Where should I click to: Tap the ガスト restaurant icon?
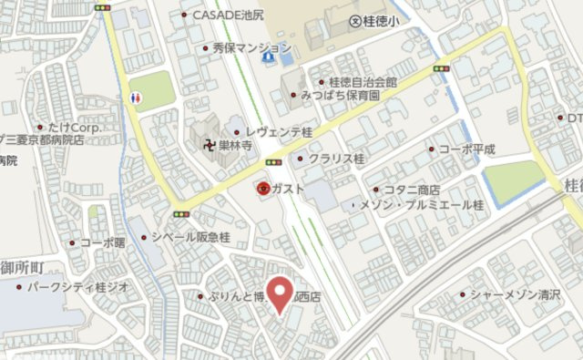262,189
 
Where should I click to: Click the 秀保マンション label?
251,47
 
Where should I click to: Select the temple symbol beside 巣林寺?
208,143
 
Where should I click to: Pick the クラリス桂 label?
336,159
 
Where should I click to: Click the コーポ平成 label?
466,148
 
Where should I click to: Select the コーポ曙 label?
101,242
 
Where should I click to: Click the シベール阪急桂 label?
191,237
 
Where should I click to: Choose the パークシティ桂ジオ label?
77,287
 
